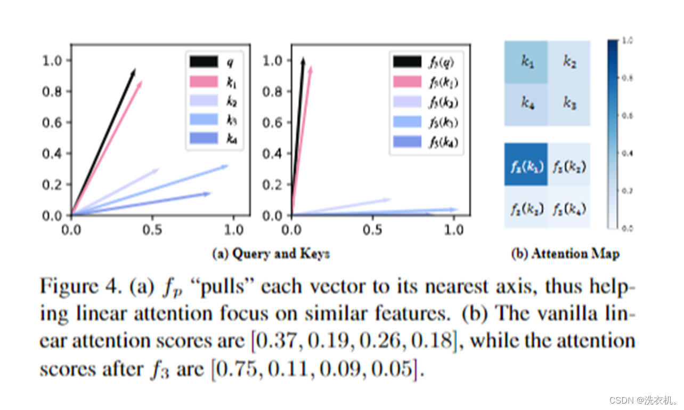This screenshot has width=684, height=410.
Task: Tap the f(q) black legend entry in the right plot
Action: coord(426,62)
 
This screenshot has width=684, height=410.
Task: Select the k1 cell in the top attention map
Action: coord(526,62)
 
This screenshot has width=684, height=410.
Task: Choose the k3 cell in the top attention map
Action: coord(569,104)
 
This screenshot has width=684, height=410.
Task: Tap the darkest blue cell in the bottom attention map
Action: coord(526,165)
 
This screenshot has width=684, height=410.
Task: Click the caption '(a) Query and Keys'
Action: coord(271,254)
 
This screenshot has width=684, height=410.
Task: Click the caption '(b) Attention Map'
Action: coord(565,254)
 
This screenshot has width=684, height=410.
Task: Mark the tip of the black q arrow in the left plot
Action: coord(135,69)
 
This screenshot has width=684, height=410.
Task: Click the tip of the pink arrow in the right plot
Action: coord(311,68)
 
